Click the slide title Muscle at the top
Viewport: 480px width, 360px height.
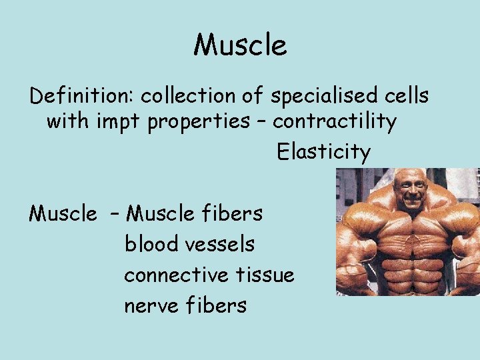click(240, 45)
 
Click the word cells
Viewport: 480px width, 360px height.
click(407, 96)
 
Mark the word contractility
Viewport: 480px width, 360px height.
click(335, 122)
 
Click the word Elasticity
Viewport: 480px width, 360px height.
click(323, 152)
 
